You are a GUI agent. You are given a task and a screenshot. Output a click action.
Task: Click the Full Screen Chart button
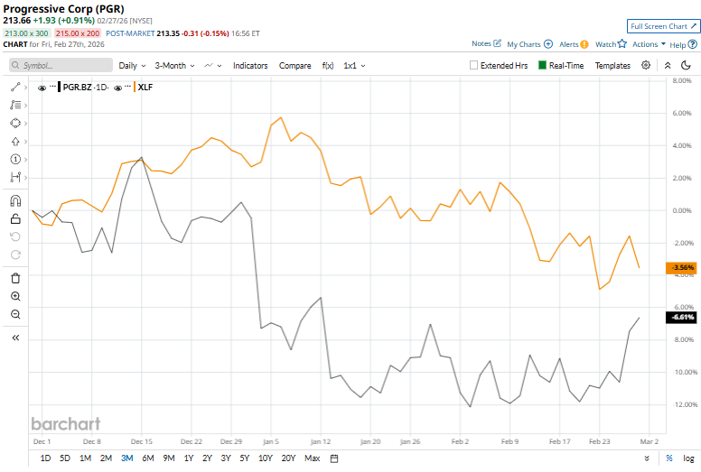pos(663,26)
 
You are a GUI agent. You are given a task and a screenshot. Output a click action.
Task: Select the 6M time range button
pos(147,458)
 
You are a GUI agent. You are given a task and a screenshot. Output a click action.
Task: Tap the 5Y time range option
pos(244,458)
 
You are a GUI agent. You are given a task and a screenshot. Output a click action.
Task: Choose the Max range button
pos(312,458)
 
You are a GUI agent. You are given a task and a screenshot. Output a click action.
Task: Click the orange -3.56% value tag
pos(679,268)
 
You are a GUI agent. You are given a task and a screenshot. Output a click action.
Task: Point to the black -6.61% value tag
pos(679,317)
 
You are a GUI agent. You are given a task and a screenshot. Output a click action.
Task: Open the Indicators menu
pos(250,66)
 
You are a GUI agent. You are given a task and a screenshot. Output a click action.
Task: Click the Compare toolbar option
pos(294,66)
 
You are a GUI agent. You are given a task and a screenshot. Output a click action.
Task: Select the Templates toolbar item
pos(612,66)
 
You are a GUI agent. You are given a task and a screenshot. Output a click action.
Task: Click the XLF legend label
pos(145,87)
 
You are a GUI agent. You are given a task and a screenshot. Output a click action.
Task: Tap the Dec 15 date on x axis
pos(141,442)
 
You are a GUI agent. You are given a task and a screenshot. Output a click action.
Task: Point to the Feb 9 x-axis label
pos(510,442)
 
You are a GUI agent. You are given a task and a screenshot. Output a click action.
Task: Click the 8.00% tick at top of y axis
pos(681,81)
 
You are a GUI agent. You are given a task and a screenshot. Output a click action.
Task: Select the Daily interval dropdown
pos(132,66)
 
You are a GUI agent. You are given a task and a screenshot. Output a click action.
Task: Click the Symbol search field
pos(59,66)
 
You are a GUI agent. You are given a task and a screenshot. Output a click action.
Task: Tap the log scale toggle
pos(688,458)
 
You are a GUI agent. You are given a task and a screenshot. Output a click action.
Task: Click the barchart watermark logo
pos(65,423)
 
